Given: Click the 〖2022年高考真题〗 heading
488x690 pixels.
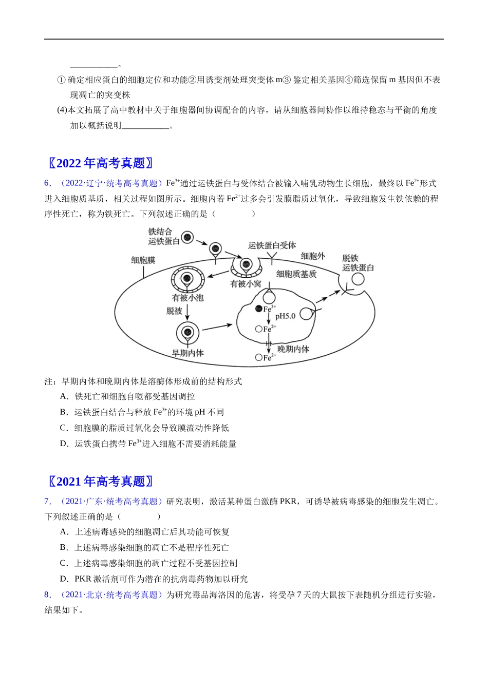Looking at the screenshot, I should click(x=101, y=163).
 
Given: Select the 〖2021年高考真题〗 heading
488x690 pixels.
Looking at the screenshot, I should click(x=101, y=482).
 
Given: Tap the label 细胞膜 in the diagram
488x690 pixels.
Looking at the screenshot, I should click(x=143, y=260).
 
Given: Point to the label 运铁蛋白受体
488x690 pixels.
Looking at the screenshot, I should click(x=272, y=245).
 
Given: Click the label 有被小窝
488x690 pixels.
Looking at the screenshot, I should click(x=246, y=283).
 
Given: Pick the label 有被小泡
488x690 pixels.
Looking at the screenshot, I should click(x=187, y=298).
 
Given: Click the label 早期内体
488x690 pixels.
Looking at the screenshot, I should click(x=187, y=353).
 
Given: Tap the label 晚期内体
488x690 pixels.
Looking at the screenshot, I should click(x=293, y=349).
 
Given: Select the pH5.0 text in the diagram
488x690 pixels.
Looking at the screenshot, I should click(x=285, y=316).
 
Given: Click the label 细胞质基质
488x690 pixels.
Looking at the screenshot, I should click(x=296, y=274).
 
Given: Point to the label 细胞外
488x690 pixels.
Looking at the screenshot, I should click(x=313, y=256).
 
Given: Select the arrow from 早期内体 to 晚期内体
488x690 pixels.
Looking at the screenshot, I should click(x=218, y=327).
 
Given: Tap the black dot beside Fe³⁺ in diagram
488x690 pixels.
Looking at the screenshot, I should click(x=259, y=309).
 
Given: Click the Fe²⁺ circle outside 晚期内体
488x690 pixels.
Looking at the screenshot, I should click(x=259, y=357).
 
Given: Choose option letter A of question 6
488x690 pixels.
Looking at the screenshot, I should click(x=64, y=396).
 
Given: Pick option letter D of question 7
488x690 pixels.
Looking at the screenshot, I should click(x=64, y=579).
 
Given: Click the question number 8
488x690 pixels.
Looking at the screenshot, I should click(x=48, y=595).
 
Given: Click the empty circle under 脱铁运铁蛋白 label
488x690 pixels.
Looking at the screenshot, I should click(x=358, y=279).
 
